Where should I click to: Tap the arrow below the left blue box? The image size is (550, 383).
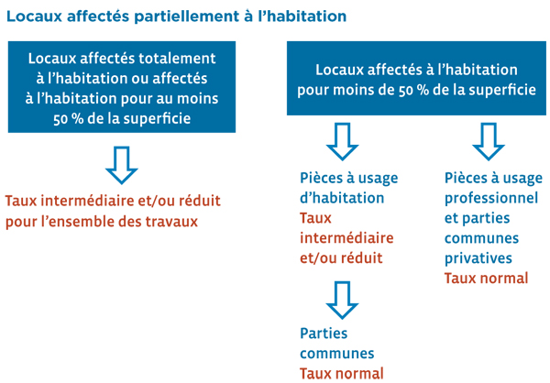[122, 165]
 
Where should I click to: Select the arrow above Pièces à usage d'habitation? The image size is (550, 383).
[342, 141]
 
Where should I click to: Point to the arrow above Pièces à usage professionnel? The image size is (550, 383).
[489, 141]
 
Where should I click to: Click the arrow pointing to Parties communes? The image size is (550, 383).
[342, 301]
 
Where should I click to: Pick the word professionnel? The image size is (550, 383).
[491, 199]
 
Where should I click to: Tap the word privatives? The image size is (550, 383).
[478, 258]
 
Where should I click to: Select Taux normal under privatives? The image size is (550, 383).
[486, 279]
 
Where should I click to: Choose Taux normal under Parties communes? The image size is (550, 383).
[342, 374]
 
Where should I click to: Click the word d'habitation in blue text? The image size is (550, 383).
[342, 198]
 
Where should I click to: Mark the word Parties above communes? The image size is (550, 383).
[324, 334]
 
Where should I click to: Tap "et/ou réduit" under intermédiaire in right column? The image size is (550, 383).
[341, 258]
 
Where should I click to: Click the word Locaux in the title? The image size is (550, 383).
[35, 16]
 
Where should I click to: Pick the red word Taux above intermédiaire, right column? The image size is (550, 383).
[315, 218]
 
